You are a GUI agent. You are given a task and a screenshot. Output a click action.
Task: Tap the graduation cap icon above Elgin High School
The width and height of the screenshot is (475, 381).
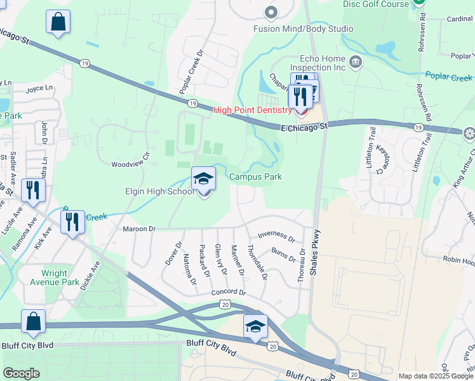pyautogui.click(x=204, y=178)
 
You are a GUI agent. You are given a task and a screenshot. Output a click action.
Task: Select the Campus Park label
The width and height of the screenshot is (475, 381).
pyautogui.click(x=255, y=177)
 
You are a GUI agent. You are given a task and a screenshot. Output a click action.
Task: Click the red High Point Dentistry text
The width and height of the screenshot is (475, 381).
pyautogui.click(x=252, y=110)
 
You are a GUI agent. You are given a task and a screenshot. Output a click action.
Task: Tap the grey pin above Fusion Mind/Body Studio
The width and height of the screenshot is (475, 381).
pyautogui.click(x=272, y=12)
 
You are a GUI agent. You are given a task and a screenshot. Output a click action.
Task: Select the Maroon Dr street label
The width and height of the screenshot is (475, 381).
pyautogui.click(x=140, y=229)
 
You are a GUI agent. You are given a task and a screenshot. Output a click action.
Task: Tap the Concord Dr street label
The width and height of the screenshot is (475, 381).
pyautogui.click(x=229, y=291)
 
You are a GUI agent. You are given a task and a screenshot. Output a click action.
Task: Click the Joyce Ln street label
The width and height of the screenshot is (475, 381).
pyautogui.click(x=39, y=90)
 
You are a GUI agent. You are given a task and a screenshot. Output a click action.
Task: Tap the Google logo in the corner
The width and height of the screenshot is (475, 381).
pyautogui.click(x=21, y=373)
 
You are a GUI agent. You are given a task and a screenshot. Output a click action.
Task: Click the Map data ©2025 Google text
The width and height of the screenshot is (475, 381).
pyautogui.click(x=435, y=376)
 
